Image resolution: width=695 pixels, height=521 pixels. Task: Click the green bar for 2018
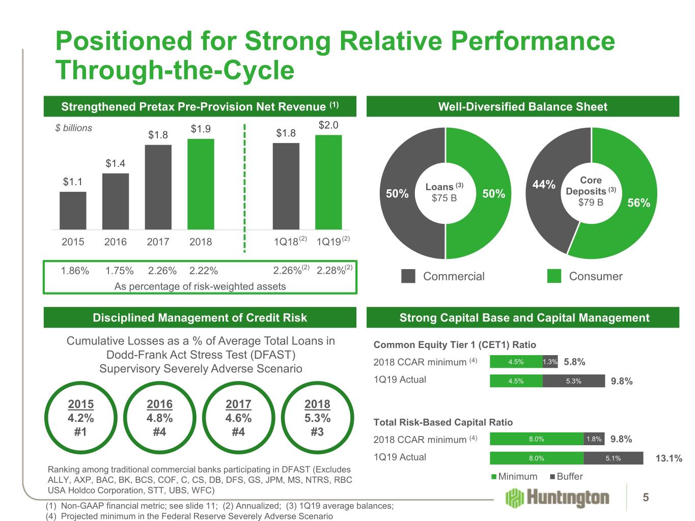(x=201, y=184)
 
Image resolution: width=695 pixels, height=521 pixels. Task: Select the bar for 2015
(x=73, y=210)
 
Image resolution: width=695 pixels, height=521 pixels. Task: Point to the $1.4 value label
(x=116, y=163)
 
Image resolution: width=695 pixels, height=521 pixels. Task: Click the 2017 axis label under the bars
(x=158, y=242)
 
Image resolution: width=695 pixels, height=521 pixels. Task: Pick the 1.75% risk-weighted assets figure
(x=119, y=271)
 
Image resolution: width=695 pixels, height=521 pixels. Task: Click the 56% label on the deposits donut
(x=638, y=203)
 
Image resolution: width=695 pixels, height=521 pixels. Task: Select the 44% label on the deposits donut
(x=544, y=185)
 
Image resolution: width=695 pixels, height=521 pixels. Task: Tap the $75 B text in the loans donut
(x=444, y=198)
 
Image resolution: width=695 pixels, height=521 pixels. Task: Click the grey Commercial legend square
(x=408, y=276)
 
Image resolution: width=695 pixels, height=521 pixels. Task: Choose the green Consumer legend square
(x=554, y=276)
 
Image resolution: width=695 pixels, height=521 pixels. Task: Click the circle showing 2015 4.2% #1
(x=81, y=418)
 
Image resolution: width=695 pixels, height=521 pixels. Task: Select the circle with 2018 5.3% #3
(x=317, y=418)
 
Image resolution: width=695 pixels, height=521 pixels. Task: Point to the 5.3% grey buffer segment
(x=573, y=381)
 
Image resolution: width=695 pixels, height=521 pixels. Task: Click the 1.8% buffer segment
(x=594, y=439)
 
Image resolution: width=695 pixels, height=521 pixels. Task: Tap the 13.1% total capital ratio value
(x=669, y=458)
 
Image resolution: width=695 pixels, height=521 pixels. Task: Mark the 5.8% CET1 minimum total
(x=574, y=362)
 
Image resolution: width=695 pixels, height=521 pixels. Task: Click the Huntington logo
(x=558, y=498)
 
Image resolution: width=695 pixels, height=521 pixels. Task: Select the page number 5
(x=646, y=498)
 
